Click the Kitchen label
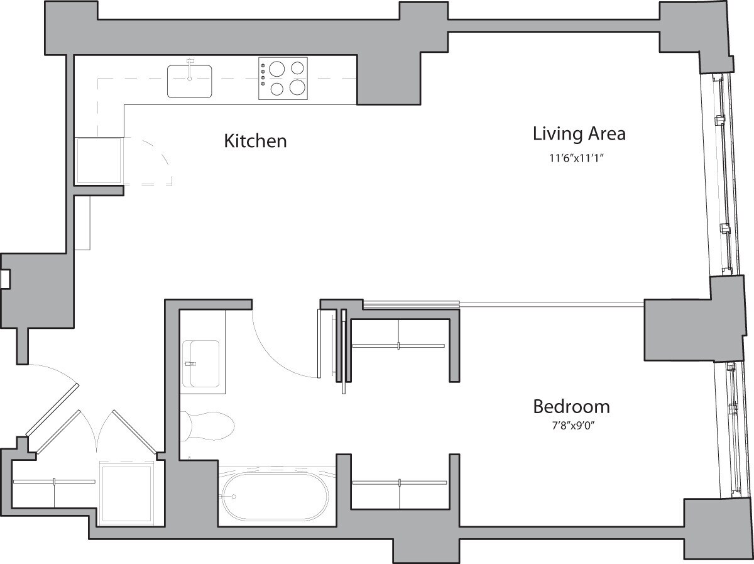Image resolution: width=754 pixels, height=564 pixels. coord(255,141)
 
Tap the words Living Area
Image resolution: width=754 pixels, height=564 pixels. coord(579,134)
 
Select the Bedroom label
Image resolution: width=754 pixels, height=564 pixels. coord(571,406)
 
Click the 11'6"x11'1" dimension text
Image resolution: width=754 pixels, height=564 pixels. coord(578,159)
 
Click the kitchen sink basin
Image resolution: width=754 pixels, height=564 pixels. coord(189,82)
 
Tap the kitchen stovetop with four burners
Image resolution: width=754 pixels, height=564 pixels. coord(283,79)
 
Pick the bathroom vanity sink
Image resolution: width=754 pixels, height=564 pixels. coord(202,363)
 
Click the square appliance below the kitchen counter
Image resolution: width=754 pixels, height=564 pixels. coord(98,160)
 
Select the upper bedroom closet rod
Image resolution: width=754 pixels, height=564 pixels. coord(400,345)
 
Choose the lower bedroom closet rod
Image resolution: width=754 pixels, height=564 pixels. coord(400,483)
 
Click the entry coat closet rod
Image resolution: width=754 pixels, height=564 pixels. coord(54,482)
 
